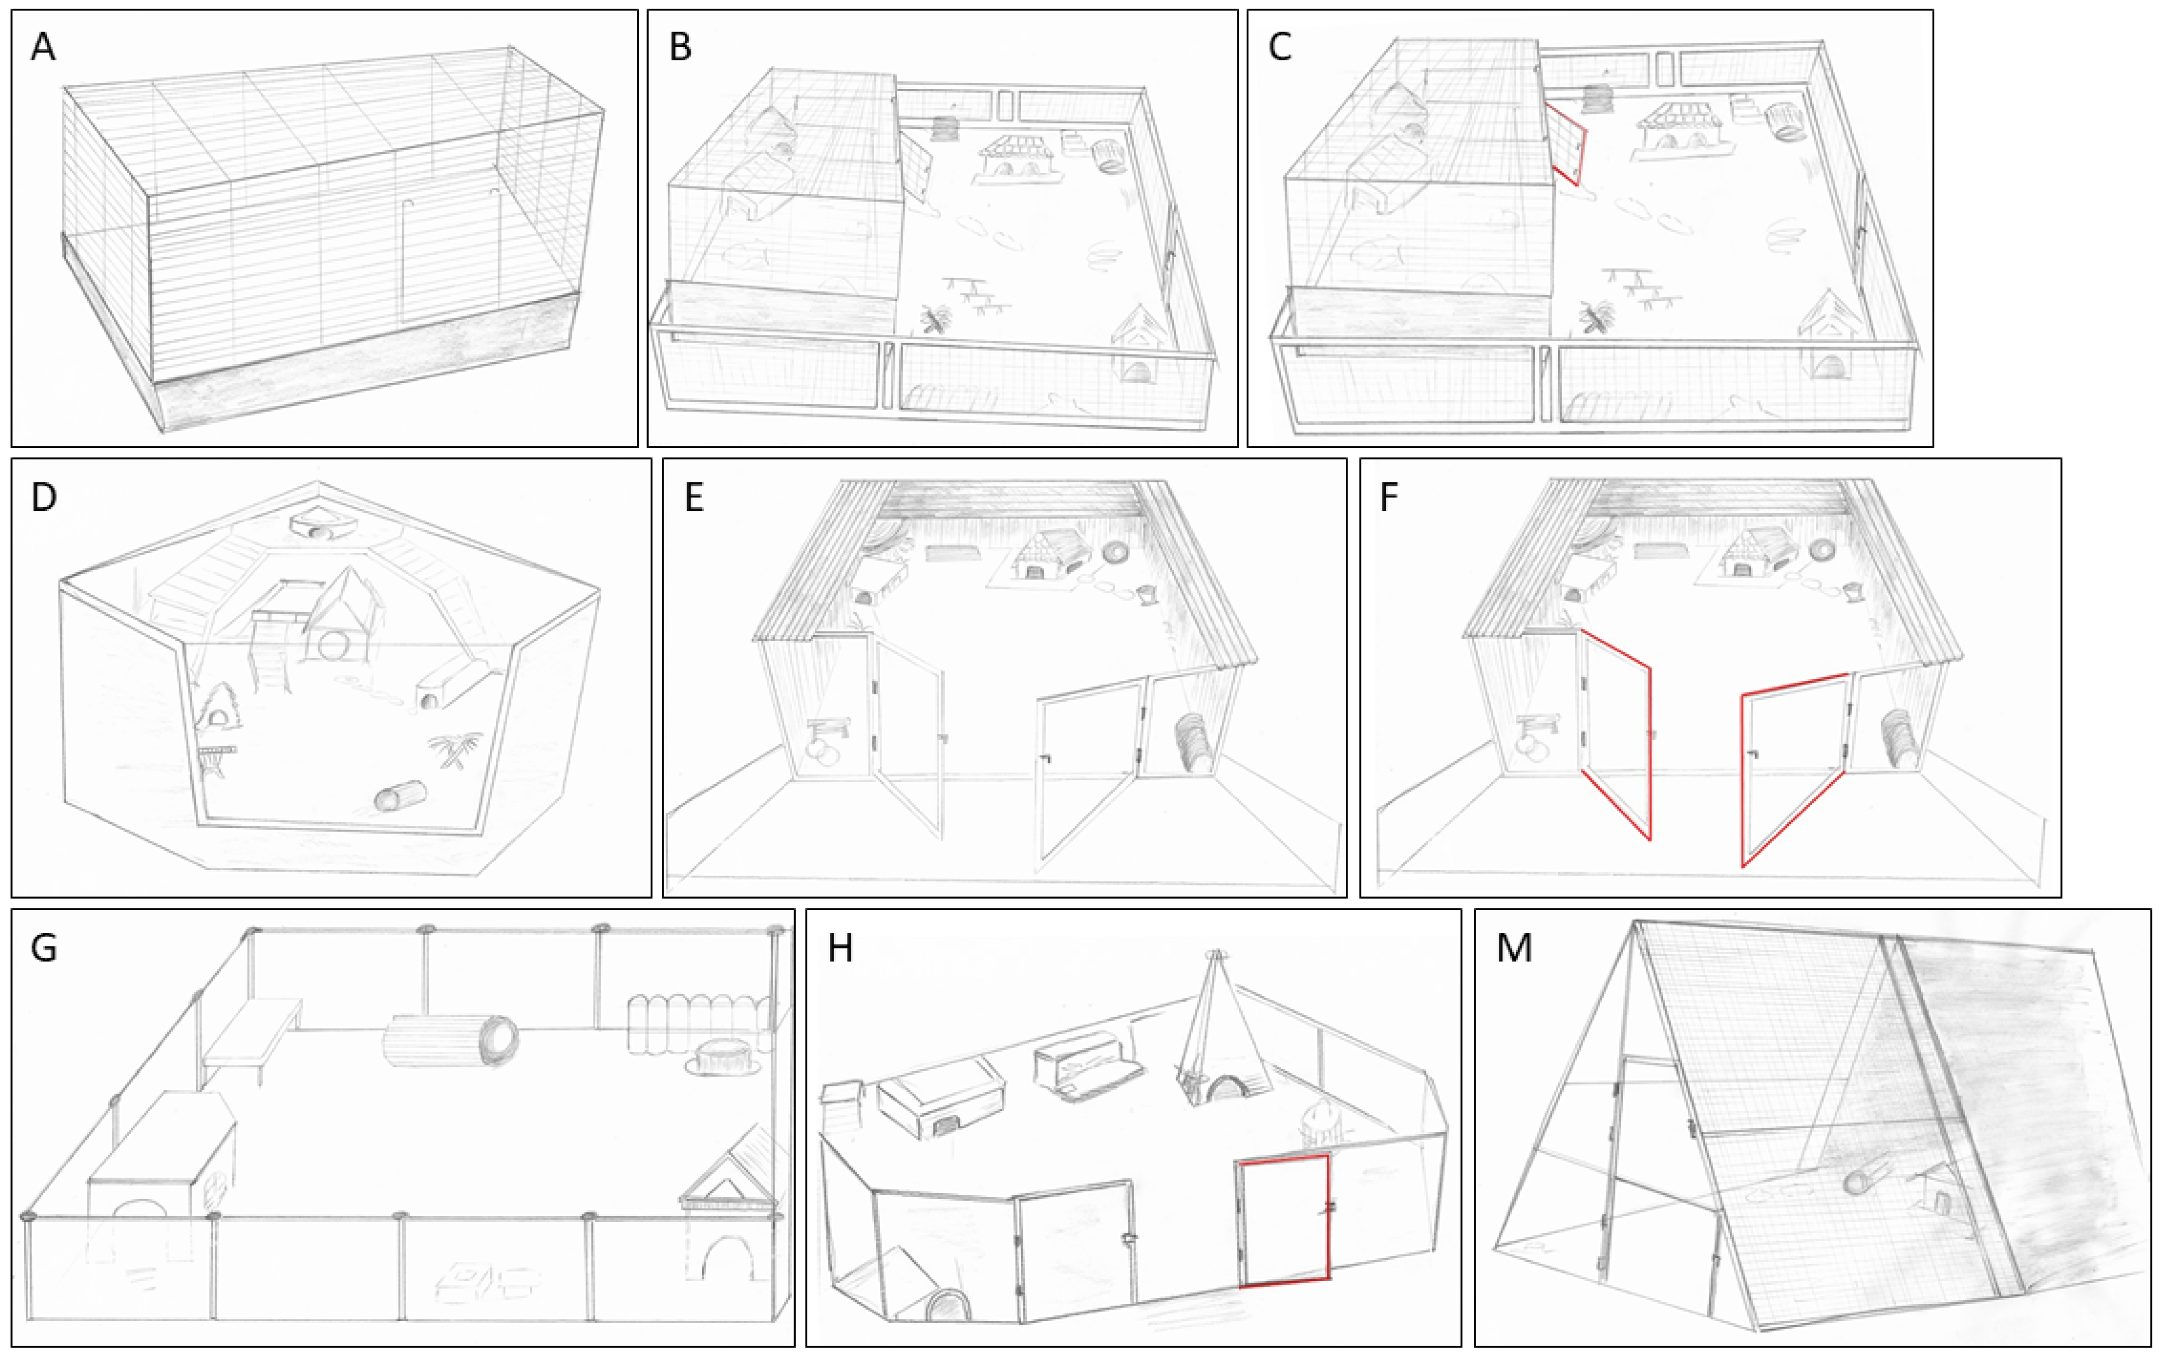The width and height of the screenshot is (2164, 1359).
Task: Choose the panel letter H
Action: pos(840,948)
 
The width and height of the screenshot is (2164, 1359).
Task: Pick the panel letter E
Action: pos(694,497)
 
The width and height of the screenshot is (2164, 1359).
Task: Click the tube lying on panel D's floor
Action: pos(401,796)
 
